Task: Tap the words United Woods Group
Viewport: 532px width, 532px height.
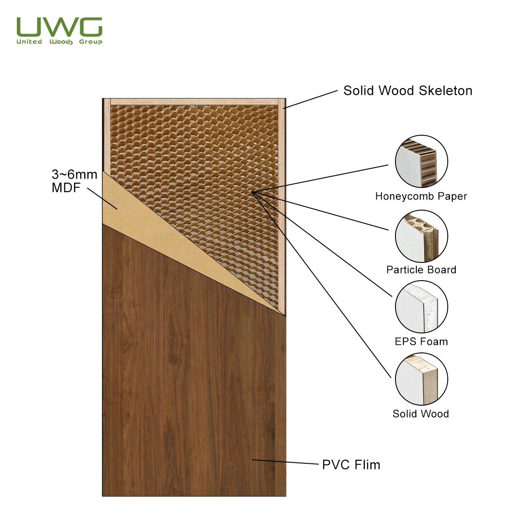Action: [59, 42]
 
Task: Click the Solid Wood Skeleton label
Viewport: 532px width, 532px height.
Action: [407, 91]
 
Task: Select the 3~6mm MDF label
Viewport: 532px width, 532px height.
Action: [74, 181]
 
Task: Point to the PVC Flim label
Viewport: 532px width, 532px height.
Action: [351, 465]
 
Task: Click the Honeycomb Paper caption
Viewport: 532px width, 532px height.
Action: [421, 196]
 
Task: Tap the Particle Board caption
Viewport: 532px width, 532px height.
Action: [421, 270]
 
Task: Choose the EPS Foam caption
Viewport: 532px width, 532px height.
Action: [421, 341]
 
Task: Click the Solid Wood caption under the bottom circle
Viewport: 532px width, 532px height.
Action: [421, 414]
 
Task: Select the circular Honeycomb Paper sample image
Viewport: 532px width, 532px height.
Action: [421, 161]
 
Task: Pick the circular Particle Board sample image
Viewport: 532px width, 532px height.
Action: [421, 236]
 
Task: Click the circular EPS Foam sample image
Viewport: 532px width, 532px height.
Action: [421, 307]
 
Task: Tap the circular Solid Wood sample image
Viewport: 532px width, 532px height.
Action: [421, 379]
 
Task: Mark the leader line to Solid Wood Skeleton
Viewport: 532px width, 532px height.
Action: [310, 100]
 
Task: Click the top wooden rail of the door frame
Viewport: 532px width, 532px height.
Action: [195, 102]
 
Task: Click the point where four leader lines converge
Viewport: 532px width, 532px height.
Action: [252, 192]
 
